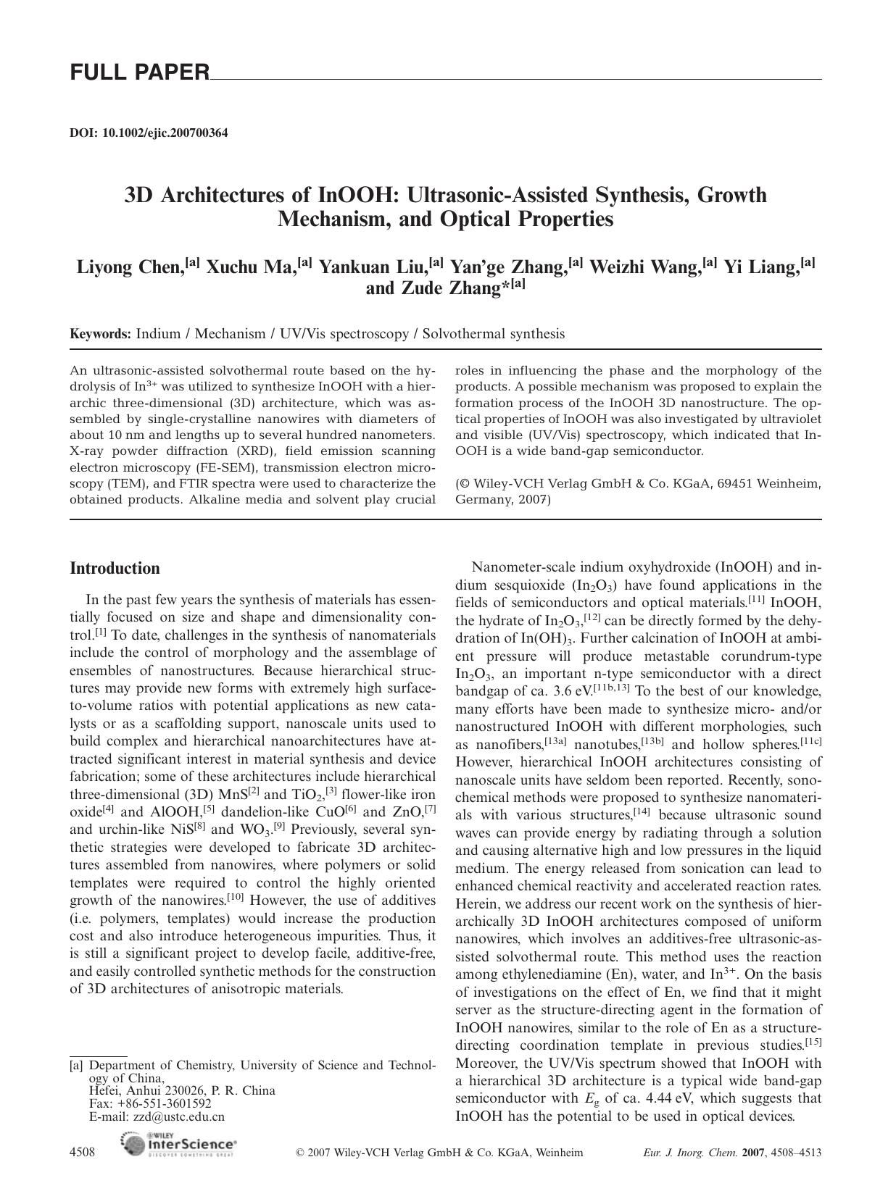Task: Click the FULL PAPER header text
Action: [139, 72]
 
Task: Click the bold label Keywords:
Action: [100, 334]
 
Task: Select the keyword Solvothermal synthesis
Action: [493, 334]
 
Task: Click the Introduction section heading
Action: [115, 568]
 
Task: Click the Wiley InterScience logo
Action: [179, 1144]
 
